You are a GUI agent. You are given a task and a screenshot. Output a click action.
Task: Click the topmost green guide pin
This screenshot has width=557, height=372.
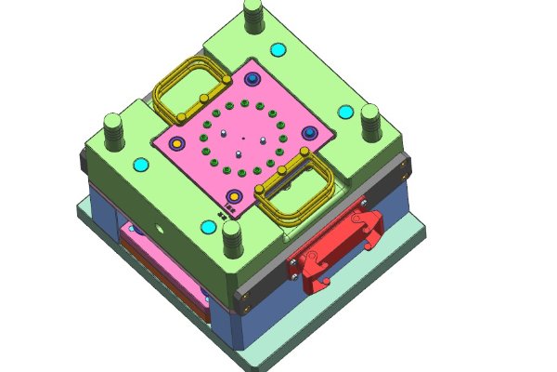point(253,16)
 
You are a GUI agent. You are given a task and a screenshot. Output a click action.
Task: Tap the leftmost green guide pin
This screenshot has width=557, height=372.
point(113,130)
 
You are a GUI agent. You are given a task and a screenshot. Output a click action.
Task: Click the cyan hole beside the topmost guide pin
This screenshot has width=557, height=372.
point(276,48)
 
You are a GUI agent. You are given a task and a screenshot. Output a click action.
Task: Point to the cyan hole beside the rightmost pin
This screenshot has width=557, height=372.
point(345,112)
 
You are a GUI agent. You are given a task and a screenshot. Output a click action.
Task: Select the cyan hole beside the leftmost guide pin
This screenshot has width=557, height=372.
point(141,165)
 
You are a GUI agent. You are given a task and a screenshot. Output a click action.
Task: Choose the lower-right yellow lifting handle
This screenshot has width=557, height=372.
point(295,191)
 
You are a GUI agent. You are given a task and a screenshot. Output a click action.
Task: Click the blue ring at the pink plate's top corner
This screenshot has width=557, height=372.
point(251,81)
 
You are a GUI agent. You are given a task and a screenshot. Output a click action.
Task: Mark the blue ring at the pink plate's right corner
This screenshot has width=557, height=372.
point(309,133)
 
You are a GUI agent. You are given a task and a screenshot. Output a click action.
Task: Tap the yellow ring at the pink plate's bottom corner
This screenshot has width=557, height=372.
point(235,196)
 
